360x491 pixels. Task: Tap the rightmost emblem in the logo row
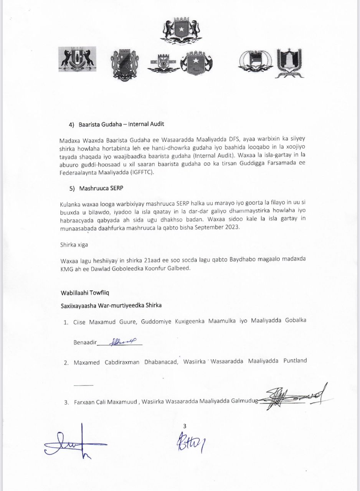point(289,63)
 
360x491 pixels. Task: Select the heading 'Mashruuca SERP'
point(102,188)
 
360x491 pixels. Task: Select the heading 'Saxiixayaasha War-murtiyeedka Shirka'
point(111,306)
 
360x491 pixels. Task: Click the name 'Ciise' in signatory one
point(80,322)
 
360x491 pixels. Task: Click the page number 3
point(185,426)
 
